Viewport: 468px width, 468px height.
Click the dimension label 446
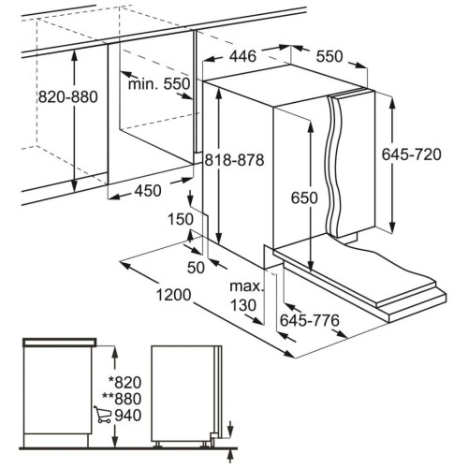pos(242,56)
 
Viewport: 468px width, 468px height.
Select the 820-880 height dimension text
pos(68,97)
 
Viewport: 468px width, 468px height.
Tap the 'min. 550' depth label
pos(159,84)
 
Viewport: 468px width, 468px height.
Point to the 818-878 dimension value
pos(234,160)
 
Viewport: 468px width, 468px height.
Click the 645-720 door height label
pos(412,154)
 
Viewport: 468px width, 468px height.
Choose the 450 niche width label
pos(148,191)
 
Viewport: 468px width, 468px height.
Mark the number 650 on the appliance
pos(304,197)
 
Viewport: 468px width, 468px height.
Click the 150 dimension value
pos(181,219)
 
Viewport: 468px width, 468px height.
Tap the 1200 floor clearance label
pos(173,295)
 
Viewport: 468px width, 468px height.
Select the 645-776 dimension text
pos(310,320)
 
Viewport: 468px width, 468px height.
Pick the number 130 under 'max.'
pos(243,305)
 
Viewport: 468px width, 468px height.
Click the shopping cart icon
pos(102,415)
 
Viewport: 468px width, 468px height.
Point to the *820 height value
pos(124,382)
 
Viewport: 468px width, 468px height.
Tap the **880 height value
pos(122,399)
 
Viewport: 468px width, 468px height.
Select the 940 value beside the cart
pos(128,416)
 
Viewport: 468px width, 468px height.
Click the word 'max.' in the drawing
pos(246,286)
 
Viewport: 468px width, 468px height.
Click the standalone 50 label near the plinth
pos(196,268)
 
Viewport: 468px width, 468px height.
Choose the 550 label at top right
pos(329,56)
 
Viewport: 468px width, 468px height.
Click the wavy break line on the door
pos(334,166)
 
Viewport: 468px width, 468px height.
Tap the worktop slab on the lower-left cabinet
pos(60,343)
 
